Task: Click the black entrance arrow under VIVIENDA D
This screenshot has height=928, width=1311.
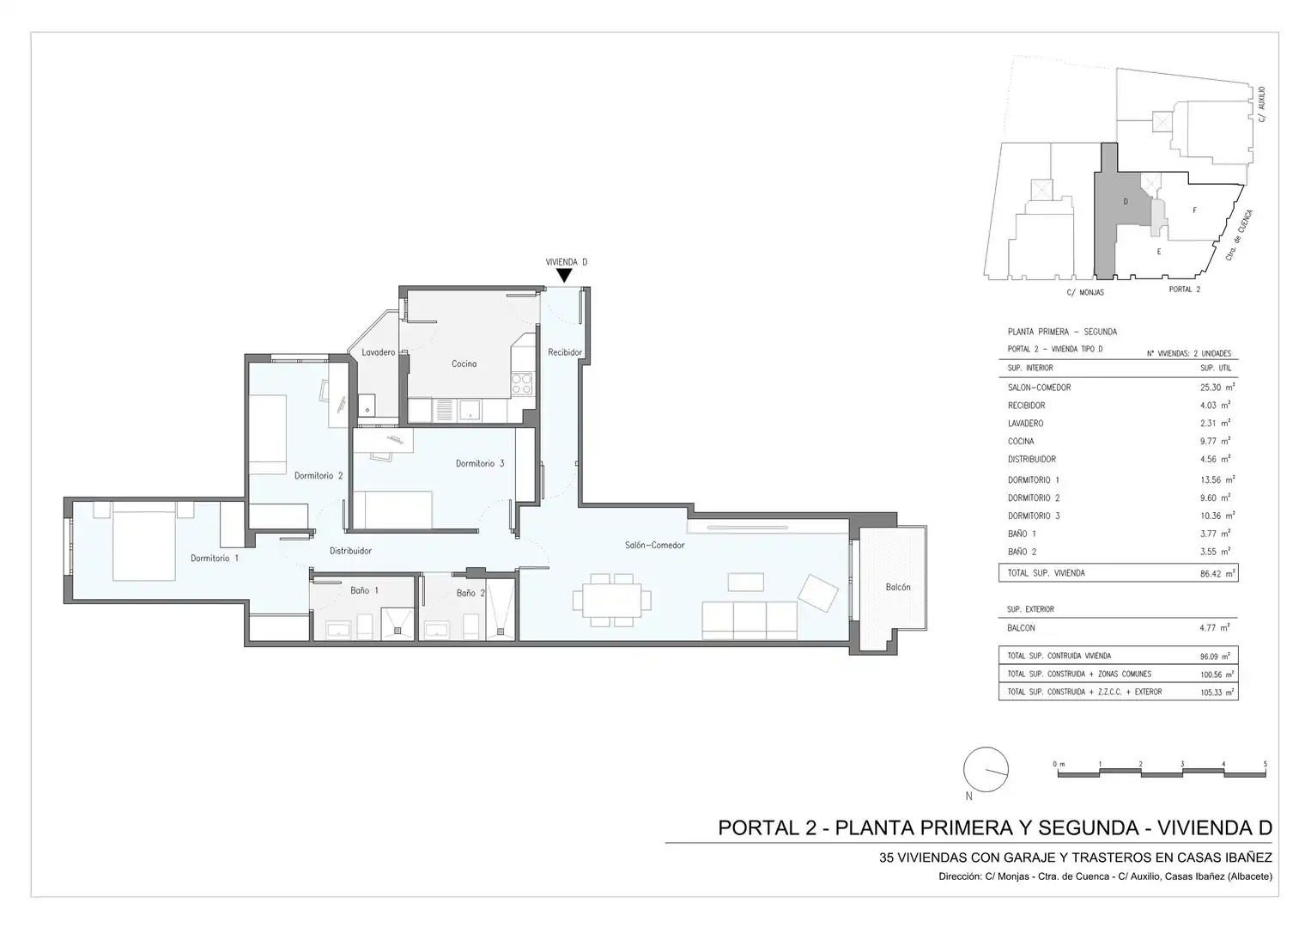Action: (564, 275)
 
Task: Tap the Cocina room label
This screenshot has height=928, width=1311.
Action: (464, 363)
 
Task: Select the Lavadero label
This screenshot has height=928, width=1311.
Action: (378, 352)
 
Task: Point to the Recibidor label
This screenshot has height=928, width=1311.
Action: (565, 352)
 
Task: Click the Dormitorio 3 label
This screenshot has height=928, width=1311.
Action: (480, 463)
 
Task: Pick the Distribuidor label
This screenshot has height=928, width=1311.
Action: (350, 551)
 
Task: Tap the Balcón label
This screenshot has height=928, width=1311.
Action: (898, 587)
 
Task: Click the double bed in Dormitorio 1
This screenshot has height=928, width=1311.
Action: (144, 546)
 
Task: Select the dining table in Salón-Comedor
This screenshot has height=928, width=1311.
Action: (611, 600)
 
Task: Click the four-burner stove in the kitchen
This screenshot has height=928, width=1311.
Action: (522, 384)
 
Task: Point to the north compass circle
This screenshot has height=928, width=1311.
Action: (986, 769)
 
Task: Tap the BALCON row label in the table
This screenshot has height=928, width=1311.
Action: (1022, 628)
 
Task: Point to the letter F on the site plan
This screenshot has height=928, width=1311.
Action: (1194, 211)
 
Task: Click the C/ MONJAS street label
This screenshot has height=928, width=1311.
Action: (1085, 292)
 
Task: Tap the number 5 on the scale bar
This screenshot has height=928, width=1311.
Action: (1265, 764)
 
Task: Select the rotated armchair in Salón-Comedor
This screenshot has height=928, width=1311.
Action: (818, 593)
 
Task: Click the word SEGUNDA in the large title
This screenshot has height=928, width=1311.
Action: (1089, 827)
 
